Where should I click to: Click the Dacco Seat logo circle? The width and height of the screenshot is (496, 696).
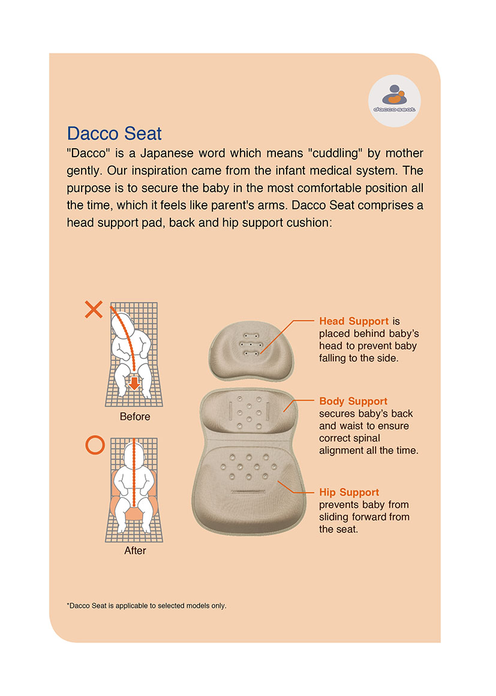pos(395,101)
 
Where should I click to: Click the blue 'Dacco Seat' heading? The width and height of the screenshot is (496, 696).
pos(114,133)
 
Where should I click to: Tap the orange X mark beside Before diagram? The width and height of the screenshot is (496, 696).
pos(94,310)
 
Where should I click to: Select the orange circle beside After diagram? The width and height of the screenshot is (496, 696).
pos(95,445)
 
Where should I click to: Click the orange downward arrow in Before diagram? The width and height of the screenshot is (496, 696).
pos(134,383)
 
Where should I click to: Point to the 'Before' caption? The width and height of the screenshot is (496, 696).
pos(135,416)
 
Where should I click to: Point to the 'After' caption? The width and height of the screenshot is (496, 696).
pos(135,550)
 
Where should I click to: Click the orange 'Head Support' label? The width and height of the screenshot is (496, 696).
pos(354,321)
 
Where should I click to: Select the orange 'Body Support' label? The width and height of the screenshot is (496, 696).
pos(353,401)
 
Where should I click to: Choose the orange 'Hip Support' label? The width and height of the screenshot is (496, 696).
pos(349,492)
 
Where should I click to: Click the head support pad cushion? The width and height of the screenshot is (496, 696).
pos(251,351)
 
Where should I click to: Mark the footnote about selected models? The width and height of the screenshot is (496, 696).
pos(147,605)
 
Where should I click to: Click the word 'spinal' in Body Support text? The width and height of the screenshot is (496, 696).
pos(365,438)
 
